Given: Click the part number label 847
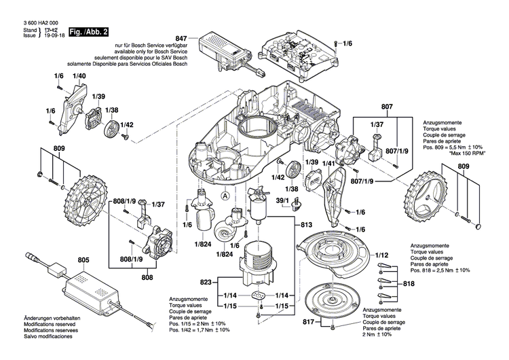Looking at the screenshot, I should point(181,39).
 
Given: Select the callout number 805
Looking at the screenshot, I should point(83,259).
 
